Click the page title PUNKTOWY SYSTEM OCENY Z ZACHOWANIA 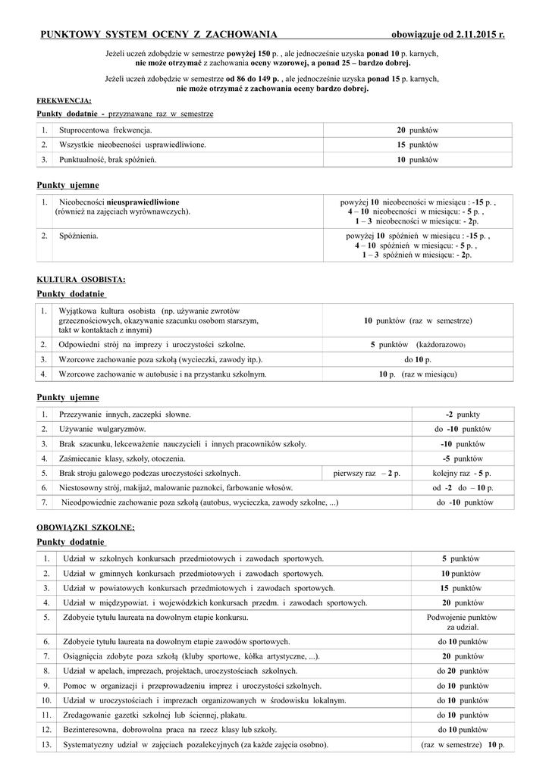[x=157, y=34]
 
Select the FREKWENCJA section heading [x=64, y=100]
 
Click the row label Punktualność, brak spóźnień [x=108, y=159]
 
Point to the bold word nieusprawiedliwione [x=143, y=202]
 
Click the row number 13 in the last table [x=46, y=744]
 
